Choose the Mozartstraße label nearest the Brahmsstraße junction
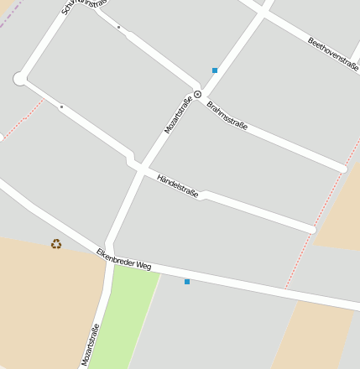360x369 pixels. tap(178, 116)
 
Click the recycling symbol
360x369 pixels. tap(56, 244)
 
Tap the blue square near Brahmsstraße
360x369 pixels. tap(215, 70)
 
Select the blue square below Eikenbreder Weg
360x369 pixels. tap(186, 282)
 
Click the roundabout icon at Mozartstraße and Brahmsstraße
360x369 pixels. tap(198, 94)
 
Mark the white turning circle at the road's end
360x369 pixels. tap(20, 79)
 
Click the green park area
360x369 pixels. tap(126, 319)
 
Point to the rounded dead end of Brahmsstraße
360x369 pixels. tap(342, 169)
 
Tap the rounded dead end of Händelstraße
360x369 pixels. tap(311, 228)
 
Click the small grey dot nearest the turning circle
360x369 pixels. tap(61, 107)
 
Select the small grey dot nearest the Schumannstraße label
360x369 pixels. tap(118, 28)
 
